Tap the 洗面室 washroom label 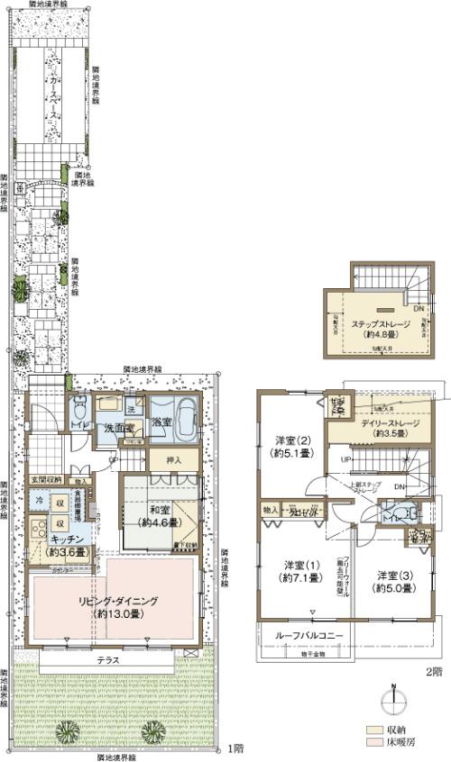(x=116, y=428)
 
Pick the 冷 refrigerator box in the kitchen (x=39, y=498)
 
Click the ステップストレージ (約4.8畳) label (x=381, y=328)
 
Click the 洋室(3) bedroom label (x=395, y=581)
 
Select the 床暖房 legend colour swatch (x=372, y=743)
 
